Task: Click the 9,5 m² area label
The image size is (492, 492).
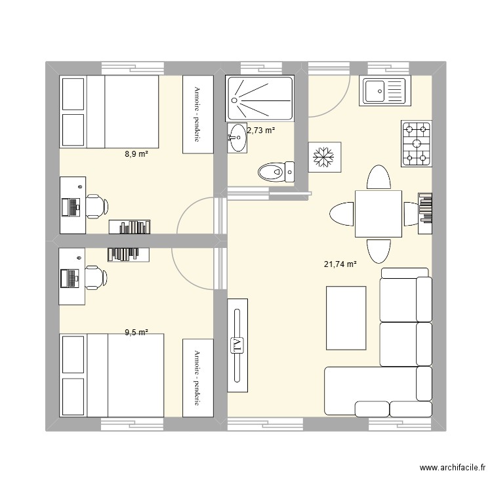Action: (136, 332)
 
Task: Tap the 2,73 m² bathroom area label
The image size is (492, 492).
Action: (260, 131)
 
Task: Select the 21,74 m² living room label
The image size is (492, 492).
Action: (340, 264)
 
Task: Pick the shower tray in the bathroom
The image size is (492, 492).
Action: (259, 98)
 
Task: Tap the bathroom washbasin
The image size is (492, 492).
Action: (237, 138)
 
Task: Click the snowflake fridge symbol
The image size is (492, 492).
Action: (323, 157)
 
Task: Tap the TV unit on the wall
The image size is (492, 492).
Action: (237, 345)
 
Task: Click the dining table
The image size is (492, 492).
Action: (379, 214)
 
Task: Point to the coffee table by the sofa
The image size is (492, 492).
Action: (346, 318)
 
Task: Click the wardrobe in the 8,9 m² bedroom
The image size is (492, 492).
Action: (197, 115)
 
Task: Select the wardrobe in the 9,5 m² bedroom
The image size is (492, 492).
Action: (197, 377)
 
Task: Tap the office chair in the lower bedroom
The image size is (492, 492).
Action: (94, 277)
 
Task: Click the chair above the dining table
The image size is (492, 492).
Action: (379, 178)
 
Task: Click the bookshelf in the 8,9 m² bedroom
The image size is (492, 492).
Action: (130, 227)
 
